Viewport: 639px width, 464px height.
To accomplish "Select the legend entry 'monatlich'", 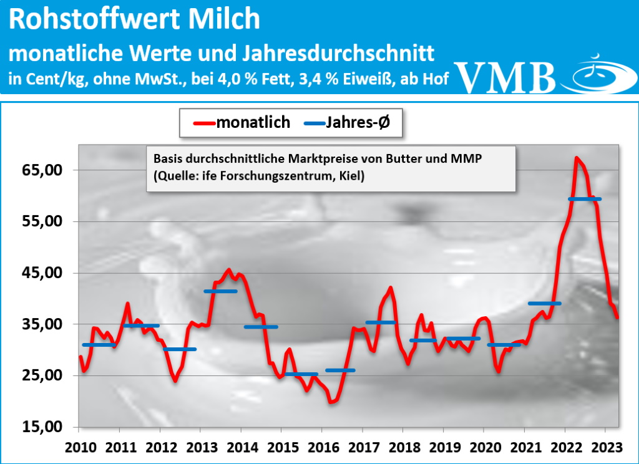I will [x=253, y=122].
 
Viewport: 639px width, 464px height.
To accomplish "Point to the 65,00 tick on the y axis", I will [x=42, y=170].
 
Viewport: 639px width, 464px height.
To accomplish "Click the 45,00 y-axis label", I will [x=42, y=273].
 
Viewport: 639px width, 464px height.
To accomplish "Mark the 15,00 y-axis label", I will [x=42, y=427].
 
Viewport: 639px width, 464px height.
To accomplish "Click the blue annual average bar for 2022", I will [x=585, y=199].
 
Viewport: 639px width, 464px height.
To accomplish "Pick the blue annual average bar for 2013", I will [x=220, y=291].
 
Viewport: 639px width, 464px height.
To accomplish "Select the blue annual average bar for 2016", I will [x=341, y=370].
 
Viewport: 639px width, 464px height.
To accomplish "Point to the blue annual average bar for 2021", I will [x=544, y=304].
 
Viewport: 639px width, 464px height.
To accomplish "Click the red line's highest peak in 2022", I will [x=577, y=158].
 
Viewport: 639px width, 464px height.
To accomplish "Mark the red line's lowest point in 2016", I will [x=331, y=402].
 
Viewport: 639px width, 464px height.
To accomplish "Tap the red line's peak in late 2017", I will [x=391, y=288].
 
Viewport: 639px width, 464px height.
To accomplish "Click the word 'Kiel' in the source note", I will [x=353, y=177].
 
